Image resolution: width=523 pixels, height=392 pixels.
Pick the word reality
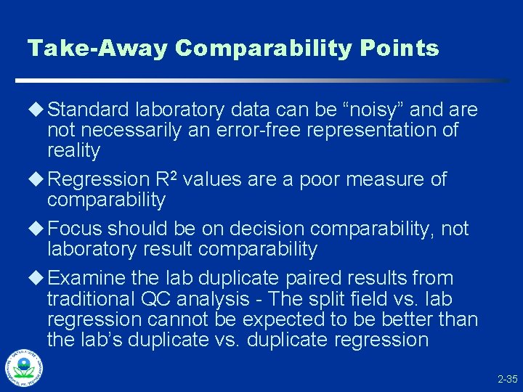[73, 151]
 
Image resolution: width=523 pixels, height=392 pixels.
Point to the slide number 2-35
[507, 379]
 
